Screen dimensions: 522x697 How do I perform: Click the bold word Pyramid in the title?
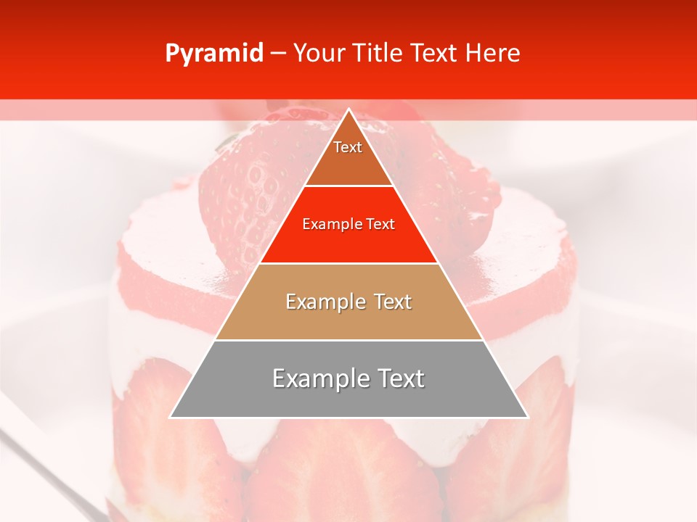214,54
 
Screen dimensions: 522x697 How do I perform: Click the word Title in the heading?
378,54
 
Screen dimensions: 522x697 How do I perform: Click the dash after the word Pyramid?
278,54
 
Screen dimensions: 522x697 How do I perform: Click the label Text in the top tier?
348,147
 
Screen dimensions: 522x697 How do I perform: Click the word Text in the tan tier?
392,302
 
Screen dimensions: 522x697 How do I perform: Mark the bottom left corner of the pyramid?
171,417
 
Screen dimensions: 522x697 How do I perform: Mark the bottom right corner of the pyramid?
527,417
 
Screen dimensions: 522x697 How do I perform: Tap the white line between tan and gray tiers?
348,340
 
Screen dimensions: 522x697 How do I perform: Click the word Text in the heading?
436,54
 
